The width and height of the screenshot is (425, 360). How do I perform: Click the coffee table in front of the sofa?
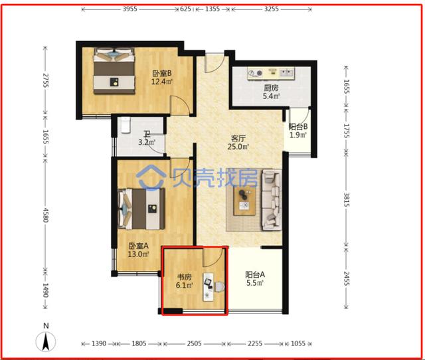point(245,199)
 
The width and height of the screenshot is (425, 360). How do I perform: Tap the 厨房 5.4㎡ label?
point(271,92)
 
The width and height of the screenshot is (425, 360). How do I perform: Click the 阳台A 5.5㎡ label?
point(255,278)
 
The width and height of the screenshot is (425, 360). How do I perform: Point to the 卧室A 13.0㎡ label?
point(138,249)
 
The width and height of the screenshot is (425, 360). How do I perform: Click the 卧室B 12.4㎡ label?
point(162,78)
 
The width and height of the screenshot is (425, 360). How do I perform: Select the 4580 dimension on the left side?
point(45,216)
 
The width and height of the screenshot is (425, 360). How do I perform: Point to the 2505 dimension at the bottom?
point(194,344)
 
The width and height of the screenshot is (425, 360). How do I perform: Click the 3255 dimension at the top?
point(270,10)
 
